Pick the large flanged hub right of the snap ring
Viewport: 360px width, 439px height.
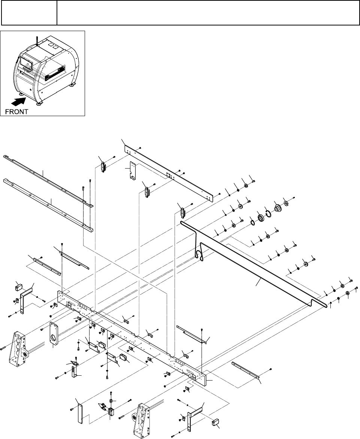tap(278, 208)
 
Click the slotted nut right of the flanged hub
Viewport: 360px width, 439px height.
tap(287, 203)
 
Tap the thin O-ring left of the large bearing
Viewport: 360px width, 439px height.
tap(252, 223)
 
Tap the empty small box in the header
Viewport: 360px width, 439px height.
tap(29, 13)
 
